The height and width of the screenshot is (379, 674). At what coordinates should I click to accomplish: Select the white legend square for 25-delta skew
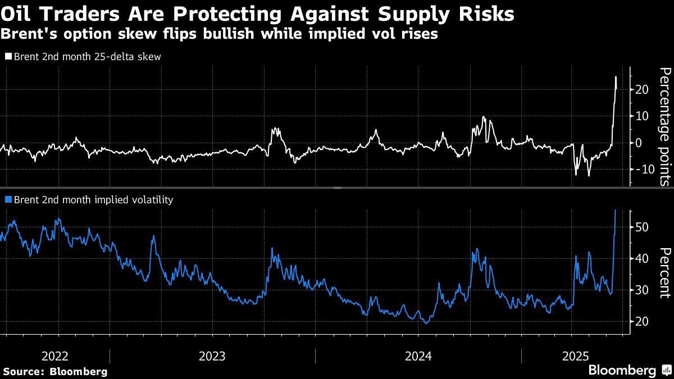point(8,57)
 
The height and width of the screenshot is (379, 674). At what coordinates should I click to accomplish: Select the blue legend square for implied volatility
point(8,199)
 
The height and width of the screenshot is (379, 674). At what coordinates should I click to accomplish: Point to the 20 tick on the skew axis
point(643,90)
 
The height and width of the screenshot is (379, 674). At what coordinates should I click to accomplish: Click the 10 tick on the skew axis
point(643,116)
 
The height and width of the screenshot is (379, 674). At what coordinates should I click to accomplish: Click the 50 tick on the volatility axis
point(643,227)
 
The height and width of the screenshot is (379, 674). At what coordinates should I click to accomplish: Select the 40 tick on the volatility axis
point(643,258)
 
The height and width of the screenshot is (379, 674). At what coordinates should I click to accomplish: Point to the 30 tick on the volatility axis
point(643,290)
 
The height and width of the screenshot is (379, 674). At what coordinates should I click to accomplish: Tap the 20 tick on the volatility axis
point(643,321)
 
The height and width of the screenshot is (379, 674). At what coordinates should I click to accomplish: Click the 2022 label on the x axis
point(55,356)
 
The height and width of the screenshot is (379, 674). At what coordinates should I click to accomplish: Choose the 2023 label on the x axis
point(212,356)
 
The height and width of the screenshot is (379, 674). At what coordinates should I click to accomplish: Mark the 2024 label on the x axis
point(418,356)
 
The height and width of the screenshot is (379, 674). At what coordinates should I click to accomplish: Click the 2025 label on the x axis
point(576,356)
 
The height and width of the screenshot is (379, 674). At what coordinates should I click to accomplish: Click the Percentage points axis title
point(664,126)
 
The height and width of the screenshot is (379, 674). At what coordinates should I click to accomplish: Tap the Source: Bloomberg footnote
point(55,371)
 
